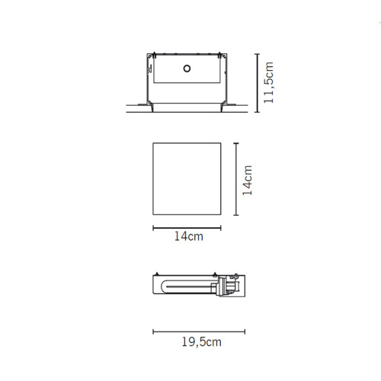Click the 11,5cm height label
269,82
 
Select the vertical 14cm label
248,181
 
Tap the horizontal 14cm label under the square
189,236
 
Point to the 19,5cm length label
202,342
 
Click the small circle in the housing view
187,69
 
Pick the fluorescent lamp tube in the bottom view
188,287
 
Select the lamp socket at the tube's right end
227,287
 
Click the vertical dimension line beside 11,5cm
258,83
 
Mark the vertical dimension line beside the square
236,179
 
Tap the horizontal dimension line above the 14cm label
187,228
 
